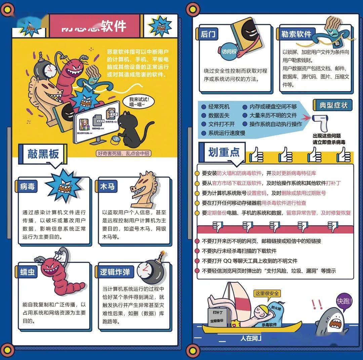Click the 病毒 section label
click(x=27, y=186)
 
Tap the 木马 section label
click(x=108, y=186)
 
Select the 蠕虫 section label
click(x=27, y=272)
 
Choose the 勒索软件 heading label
click(x=296, y=34)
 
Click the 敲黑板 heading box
click(x=43, y=154)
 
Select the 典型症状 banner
click(x=333, y=105)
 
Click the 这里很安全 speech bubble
click(x=267, y=293)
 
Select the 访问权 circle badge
click(x=229, y=51)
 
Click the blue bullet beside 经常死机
click(x=203, y=107)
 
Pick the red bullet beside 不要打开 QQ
click(x=198, y=261)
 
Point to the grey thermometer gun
click(x=320, y=123)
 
